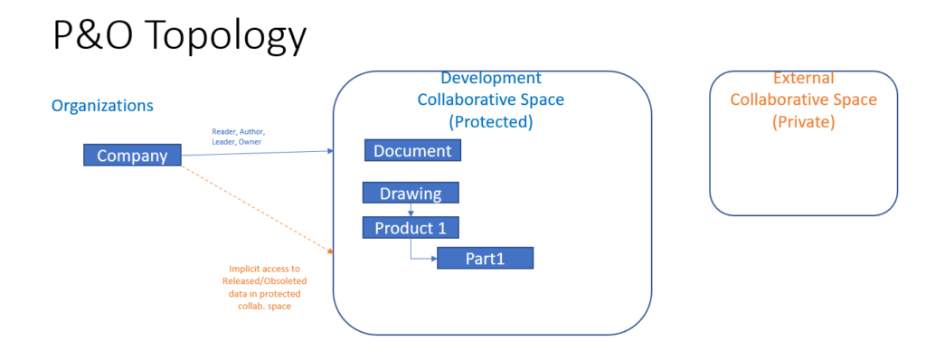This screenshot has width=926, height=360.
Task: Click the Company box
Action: [x=132, y=155]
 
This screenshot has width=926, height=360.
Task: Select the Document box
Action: [x=412, y=150]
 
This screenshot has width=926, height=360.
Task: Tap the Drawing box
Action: [x=411, y=193]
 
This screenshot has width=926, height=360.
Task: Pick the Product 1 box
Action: [x=411, y=227]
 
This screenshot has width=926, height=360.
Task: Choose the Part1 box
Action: [x=485, y=259]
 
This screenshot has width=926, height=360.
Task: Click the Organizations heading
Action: [x=102, y=106]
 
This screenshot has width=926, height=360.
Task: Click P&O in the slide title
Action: [x=88, y=35]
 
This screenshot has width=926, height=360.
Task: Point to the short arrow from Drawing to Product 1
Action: [x=411, y=210]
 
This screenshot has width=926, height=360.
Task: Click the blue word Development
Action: [x=491, y=79]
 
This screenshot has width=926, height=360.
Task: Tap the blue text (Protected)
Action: [x=491, y=120]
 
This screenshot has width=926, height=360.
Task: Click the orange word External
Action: [x=803, y=79]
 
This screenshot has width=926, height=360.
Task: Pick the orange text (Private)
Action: [x=803, y=120]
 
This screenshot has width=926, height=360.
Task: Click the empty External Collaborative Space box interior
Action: [x=803, y=176]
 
